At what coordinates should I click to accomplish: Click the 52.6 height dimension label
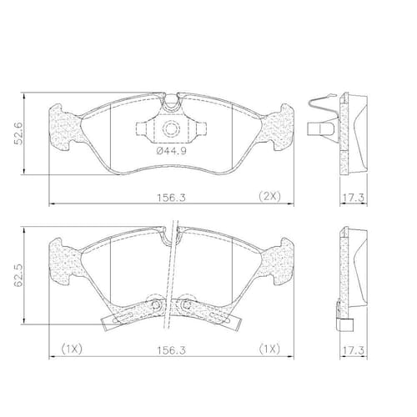pos(18,133)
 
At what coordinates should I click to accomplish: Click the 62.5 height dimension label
pos(18,276)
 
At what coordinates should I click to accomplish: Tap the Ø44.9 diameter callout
pos(171,151)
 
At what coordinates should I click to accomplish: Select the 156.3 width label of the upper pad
pos(171,198)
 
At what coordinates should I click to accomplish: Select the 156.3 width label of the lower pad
pos(171,350)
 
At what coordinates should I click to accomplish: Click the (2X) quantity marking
pos(269,196)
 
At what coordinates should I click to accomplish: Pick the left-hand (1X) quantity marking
pos(72,349)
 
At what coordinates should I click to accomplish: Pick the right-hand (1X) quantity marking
pos(269,349)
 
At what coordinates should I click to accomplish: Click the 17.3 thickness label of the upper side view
pos(353,198)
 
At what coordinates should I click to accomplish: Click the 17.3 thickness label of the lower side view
pos(353,350)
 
